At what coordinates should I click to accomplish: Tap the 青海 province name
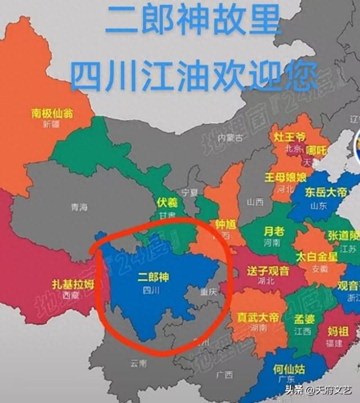click(79, 207)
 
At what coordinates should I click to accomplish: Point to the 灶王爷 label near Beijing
click(290, 137)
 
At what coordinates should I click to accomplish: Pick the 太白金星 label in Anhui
click(317, 257)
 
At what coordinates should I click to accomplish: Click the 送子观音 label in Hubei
click(268, 271)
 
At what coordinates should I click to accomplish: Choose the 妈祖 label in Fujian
click(339, 329)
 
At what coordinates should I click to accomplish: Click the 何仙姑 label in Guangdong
click(290, 370)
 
